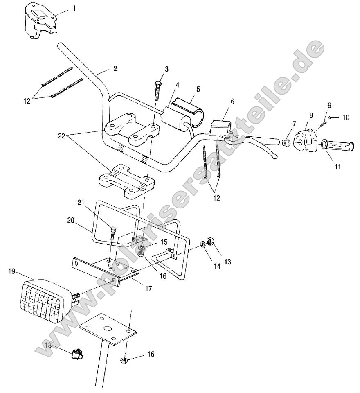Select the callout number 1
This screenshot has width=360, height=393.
tap(74, 8)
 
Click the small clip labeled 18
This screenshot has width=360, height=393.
tap(77, 354)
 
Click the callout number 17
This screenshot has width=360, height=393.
tap(148, 289)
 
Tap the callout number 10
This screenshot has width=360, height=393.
tap(346, 117)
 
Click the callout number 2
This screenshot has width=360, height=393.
tap(115, 69)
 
